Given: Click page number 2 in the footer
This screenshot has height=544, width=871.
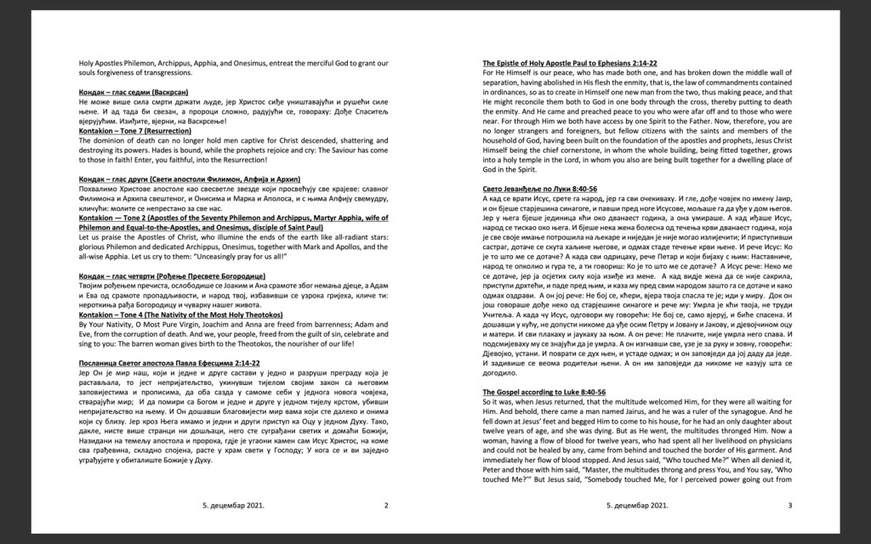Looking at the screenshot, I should click(x=386, y=506).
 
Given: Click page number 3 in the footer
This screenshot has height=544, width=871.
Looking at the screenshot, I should click(x=790, y=506).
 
